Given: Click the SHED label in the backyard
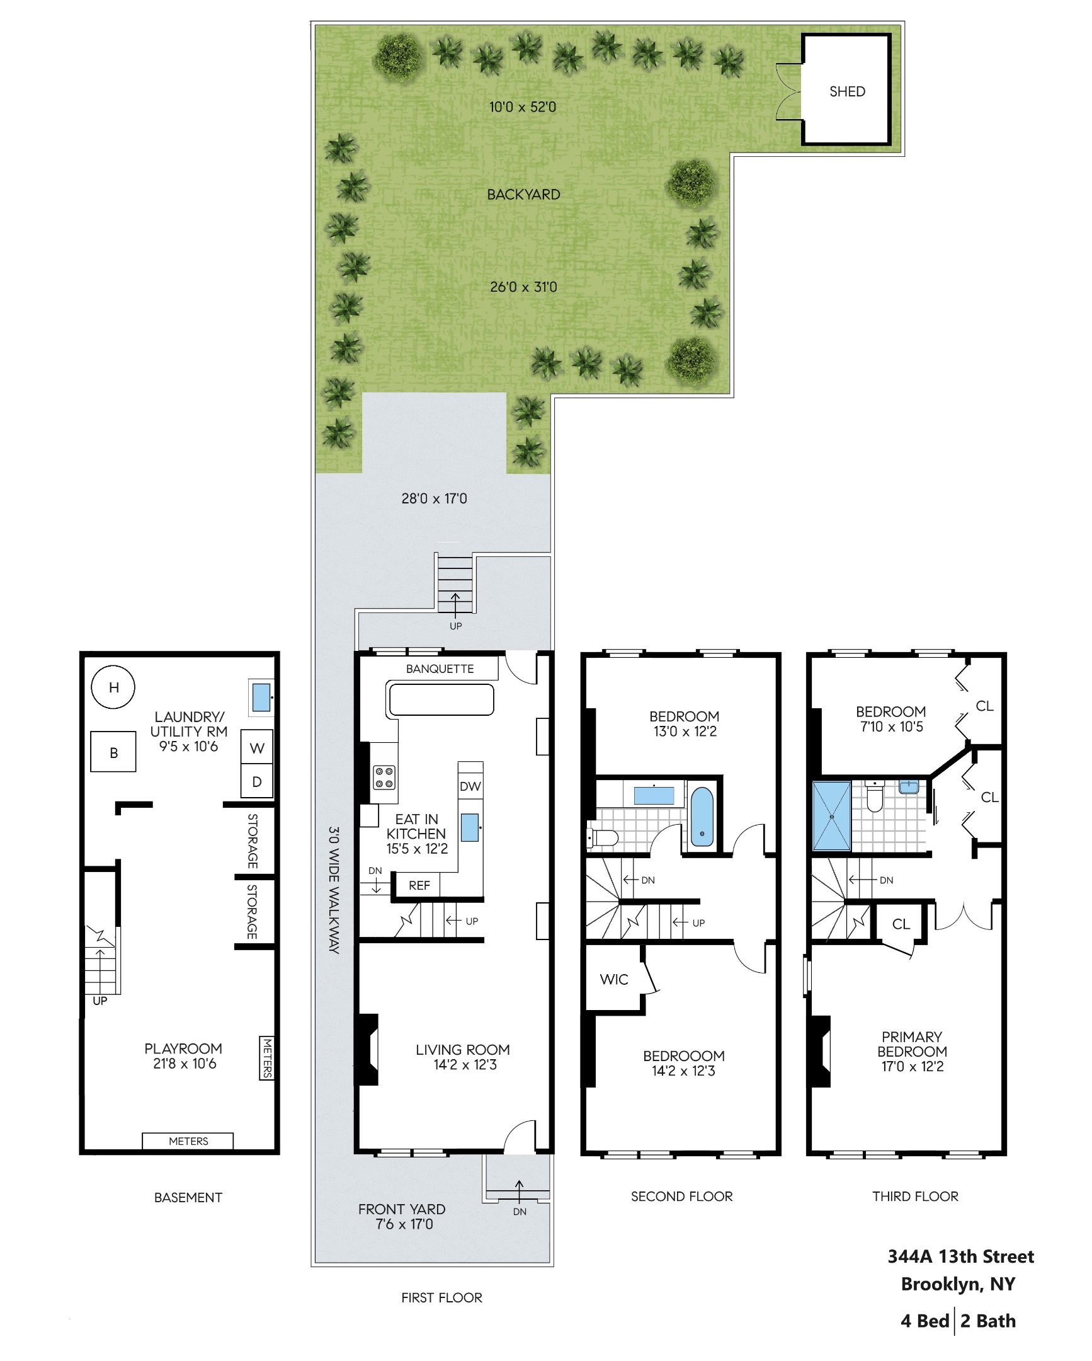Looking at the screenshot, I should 846,91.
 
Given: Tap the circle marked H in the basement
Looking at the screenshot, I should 113,687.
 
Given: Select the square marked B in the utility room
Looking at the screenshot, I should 113,752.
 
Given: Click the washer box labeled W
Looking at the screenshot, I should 257,748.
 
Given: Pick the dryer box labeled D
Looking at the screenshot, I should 257,781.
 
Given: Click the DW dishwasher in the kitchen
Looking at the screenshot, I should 470,786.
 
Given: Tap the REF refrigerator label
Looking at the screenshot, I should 419,885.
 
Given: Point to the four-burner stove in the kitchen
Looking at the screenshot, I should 384,777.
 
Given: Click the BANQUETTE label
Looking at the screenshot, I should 440,669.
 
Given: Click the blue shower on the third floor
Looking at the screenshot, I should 831,816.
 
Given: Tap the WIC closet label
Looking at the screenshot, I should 614,979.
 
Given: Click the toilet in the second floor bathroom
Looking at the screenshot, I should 604,837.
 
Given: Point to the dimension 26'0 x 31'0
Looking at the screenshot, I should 523,287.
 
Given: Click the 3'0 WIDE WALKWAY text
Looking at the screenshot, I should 334,890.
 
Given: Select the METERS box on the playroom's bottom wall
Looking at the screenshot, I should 188,1140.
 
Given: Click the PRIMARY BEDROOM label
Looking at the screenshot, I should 912,1051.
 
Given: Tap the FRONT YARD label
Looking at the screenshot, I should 402,1209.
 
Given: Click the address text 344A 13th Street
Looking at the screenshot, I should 960,1256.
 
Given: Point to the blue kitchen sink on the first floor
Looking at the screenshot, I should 469,827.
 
